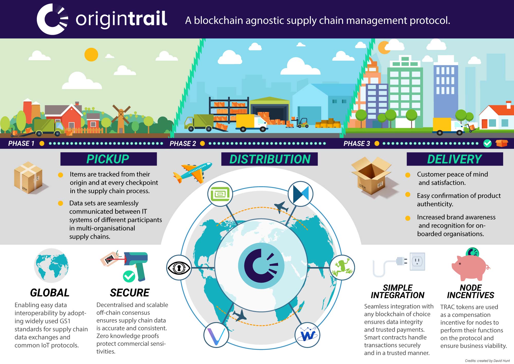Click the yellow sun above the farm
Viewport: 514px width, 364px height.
(91, 55)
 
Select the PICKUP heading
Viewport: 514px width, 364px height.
(108, 159)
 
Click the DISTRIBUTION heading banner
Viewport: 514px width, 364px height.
(269, 159)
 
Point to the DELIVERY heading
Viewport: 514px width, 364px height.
(454, 159)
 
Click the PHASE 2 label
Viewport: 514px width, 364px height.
(183, 144)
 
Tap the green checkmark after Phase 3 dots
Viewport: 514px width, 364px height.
(487, 143)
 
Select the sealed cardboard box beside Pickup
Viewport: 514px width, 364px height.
(28, 177)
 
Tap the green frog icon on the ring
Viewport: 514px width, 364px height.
(342, 268)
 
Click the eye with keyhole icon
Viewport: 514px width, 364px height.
(179, 268)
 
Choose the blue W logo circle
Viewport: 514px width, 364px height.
(307, 335)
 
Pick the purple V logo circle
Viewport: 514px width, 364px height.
(216, 335)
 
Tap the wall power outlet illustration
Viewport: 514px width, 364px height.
(417, 261)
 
